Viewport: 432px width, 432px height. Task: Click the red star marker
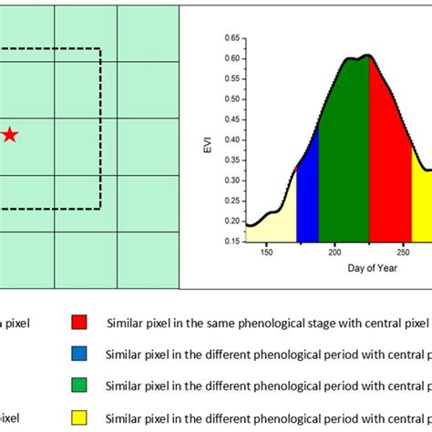[x=9, y=135]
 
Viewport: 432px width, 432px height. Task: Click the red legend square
[x=79, y=322]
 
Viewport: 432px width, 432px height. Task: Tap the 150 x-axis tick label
[x=266, y=253]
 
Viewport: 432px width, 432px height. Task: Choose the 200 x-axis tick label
[x=334, y=253]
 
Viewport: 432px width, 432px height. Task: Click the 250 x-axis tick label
[x=403, y=253]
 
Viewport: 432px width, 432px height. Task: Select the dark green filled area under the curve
[x=344, y=155]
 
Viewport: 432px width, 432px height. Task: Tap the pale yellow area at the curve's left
[x=273, y=223]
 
